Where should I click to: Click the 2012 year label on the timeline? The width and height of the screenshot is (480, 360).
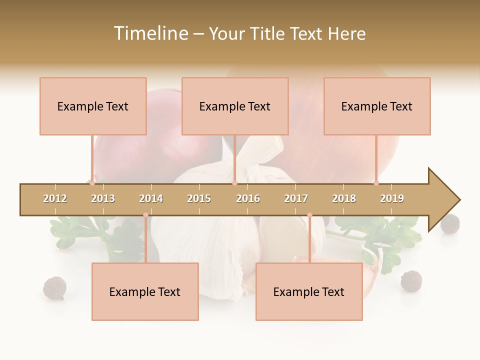55,198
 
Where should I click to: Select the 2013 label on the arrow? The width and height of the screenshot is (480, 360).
103,198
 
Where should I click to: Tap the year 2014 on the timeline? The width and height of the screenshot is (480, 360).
151,198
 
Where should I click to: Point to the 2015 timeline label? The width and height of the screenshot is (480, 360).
199,198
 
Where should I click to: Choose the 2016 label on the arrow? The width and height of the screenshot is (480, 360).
248,198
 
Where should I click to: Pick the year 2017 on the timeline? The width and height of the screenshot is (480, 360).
296,198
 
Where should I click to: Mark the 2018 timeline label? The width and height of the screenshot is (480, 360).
344,198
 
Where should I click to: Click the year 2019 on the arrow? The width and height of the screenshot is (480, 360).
392,198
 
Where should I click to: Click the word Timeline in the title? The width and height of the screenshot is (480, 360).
150,33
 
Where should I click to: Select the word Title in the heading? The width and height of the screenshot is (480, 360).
266,33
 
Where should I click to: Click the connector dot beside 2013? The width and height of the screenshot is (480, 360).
92,183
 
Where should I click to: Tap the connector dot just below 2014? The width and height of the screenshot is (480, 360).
145,215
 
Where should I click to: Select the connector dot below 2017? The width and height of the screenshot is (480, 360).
309,215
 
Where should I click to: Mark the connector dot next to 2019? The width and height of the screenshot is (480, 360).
376,183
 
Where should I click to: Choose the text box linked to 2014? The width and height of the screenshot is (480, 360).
145,291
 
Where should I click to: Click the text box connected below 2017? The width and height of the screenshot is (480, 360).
309,291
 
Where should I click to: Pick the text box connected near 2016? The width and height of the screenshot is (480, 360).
235,106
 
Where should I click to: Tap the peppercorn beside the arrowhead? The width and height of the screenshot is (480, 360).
450,223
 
